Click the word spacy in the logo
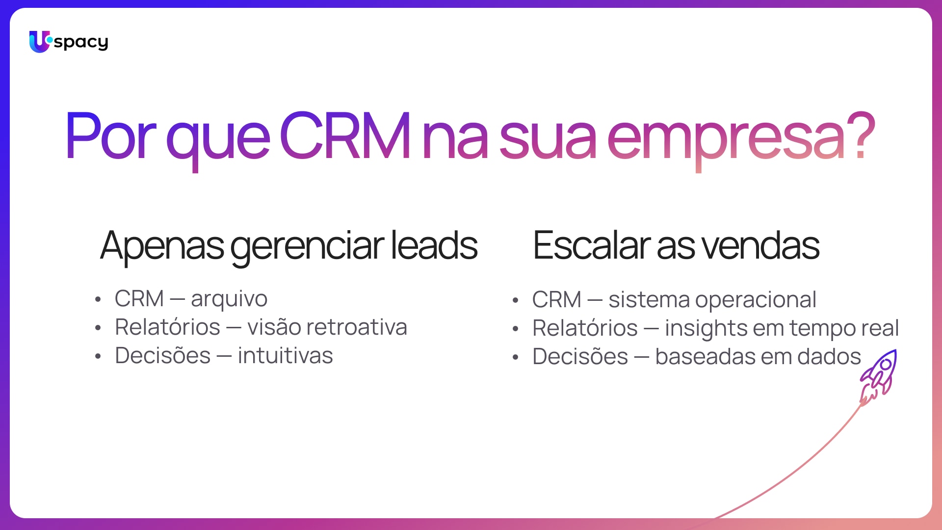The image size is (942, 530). (81, 43)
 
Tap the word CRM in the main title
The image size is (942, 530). (345, 135)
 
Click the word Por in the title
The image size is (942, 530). (110, 135)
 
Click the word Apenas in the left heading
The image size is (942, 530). (162, 246)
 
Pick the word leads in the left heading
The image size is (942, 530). (434, 245)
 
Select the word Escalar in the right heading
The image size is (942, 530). (592, 245)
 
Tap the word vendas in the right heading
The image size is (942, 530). (760, 245)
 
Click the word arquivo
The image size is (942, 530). (229, 299)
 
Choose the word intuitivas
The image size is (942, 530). (285, 355)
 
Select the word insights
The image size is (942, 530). (706, 329)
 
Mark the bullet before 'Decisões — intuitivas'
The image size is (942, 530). (98, 357)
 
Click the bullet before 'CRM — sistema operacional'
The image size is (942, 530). (515, 300)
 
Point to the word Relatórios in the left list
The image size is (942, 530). (167, 327)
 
